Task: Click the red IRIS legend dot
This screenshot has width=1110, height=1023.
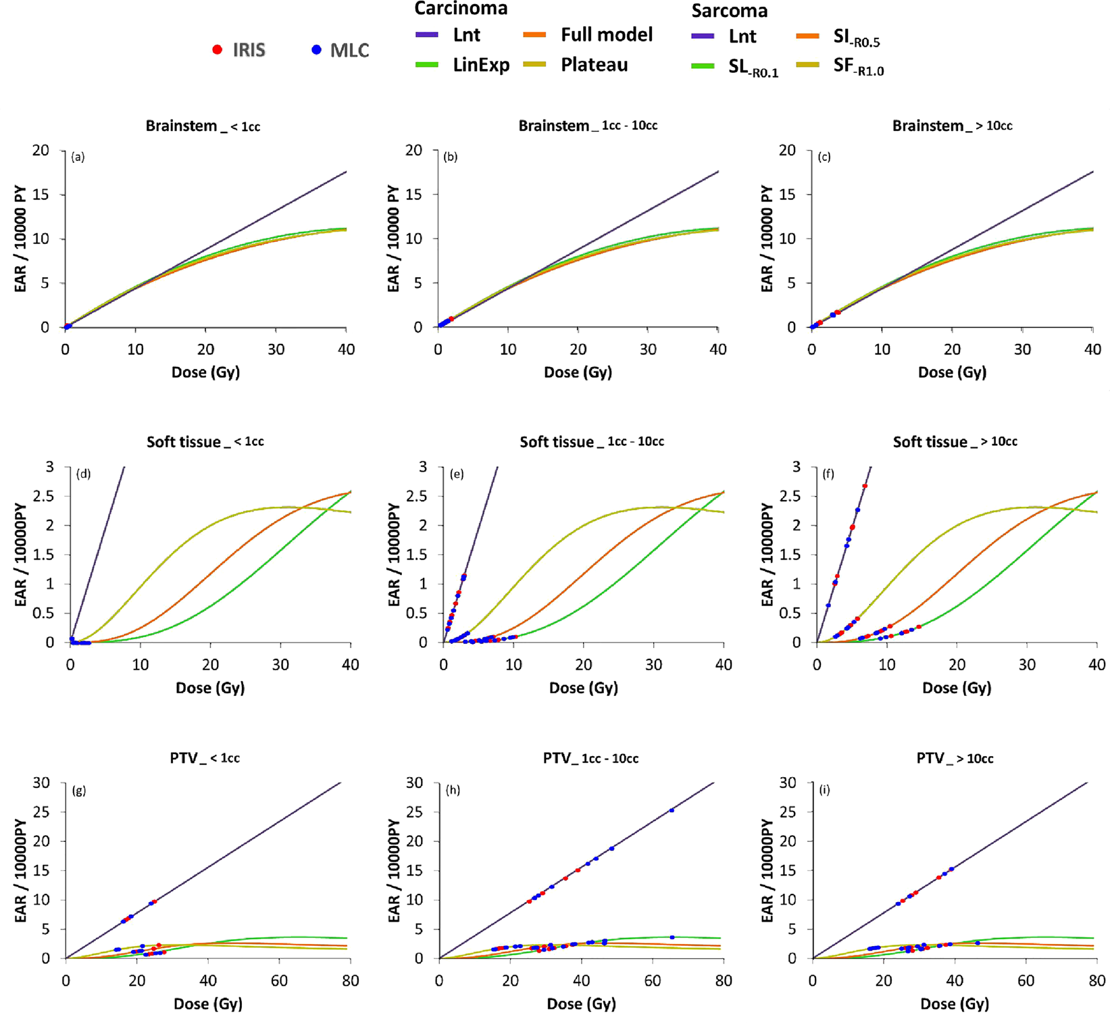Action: click(x=218, y=49)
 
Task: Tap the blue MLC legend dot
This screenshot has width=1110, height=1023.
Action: click(x=316, y=49)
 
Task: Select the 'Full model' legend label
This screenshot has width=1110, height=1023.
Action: click(x=607, y=35)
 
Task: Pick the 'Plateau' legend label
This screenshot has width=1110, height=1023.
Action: click(x=594, y=65)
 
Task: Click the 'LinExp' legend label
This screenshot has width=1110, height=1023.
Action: click(x=481, y=66)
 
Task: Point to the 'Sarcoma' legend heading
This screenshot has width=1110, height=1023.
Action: click(x=729, y=11)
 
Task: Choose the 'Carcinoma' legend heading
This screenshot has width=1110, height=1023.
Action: click(x=461, y=9)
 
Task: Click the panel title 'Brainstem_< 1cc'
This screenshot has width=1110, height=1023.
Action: click(x=203, y=126)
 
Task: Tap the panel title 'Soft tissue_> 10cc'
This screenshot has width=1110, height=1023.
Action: click(x=955, y=442)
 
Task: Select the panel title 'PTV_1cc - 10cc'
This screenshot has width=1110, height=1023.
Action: click(x=590, y=758)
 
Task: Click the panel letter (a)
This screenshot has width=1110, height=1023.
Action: click(x=78, y=157)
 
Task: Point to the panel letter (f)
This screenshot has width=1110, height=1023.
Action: click(x=828, y=474)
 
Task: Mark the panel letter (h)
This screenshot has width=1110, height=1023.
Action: click(x=453, y=789)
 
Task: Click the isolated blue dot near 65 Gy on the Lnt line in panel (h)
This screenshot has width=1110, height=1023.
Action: click(x=672, y=810)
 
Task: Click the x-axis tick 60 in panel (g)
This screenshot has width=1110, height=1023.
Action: click(x=279, y=980)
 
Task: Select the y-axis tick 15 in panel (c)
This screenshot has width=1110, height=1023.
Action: click(x=787, y=195)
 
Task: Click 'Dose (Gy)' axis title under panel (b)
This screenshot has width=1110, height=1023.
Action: click(x=578, y=372)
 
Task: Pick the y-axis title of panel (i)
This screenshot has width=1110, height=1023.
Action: click(x=767, y=870)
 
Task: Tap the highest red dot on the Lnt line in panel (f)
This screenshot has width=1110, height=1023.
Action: click(x=865, y=486)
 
